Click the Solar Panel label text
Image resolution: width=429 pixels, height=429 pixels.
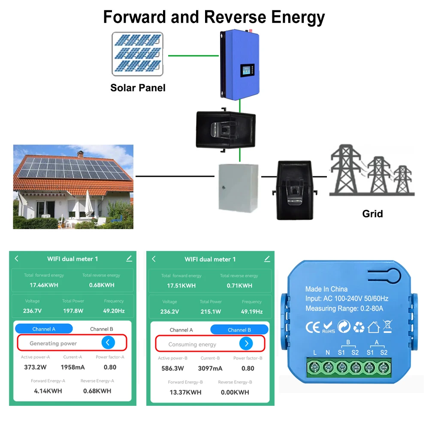pos(138,88)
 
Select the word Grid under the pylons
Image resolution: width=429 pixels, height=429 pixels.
pos(372,213)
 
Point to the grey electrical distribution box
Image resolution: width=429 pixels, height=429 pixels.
pos(238,187)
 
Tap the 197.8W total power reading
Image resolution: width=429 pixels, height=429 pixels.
pos(73,311)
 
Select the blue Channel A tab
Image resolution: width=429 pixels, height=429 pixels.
pos(44,329)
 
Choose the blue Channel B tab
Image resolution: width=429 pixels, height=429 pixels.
pos(239,330)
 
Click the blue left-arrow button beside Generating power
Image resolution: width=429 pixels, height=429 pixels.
pos(108,342)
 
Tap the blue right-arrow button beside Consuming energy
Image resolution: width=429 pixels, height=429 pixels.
pos(246,343)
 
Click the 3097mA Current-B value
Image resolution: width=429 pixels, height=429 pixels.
pos(210,369)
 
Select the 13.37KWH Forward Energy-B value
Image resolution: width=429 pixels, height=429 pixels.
pos(185,392)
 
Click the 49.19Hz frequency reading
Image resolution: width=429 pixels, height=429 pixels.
pos(251,311)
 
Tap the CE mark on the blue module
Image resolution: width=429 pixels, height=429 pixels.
pos(312,327)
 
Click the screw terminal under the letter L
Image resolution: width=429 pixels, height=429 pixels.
pos(315,367)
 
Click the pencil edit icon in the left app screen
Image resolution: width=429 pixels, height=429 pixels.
pos(129,258)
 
